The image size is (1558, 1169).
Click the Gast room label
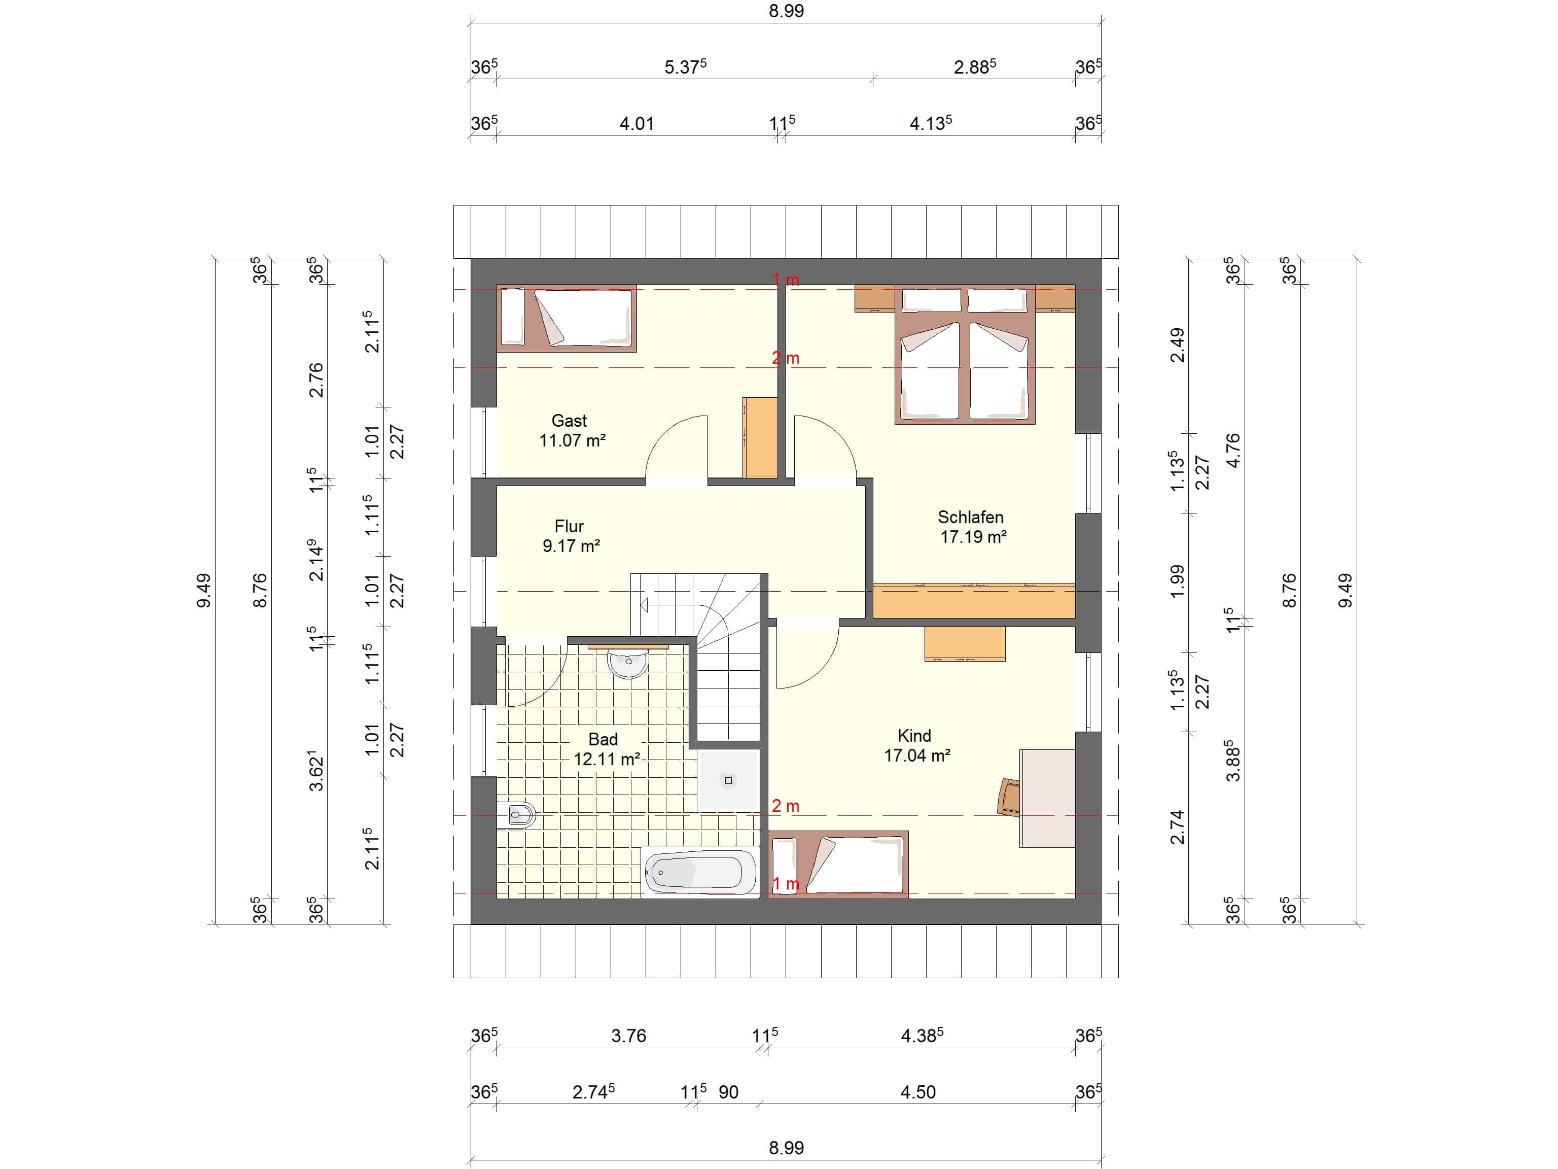point(569,421)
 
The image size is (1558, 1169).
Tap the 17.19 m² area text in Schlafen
point(973,537)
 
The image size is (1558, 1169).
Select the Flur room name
point(569,526)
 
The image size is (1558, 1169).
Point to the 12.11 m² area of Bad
point(607,759)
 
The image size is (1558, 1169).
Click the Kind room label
point(914,736)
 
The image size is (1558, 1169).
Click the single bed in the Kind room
point(838,865)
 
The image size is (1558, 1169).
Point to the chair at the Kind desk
point(1009,796)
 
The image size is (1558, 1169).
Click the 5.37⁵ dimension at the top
point(685,67)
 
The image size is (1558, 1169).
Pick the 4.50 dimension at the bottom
point(918,1092)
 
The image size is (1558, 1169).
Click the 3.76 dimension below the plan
point(628,1036)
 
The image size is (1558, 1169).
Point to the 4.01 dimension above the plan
point(636,123)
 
